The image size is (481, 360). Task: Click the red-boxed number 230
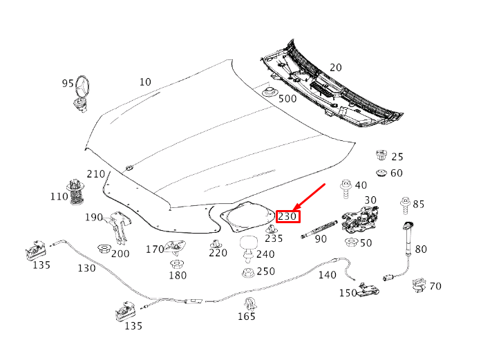tap(287, 216)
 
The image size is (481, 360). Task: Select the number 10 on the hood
tap(145, 82)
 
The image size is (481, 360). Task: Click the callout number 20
tap(336, 68)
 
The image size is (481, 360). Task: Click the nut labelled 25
tap(379, 155)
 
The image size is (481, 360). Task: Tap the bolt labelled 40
tap(345, 187)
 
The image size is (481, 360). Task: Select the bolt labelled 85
tap(404, 205)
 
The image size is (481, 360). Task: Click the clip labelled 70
tap(418, 285)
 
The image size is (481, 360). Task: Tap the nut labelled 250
tap(247, 272)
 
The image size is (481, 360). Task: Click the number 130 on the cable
tap(86, 268)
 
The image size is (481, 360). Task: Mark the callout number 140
tap(327, 275)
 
